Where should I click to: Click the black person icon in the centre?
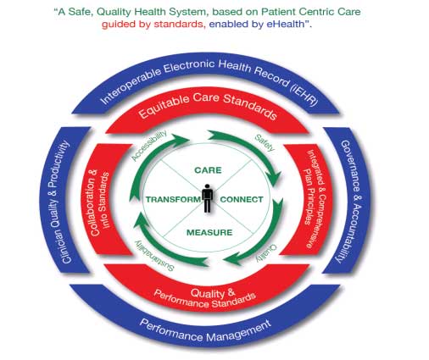208,198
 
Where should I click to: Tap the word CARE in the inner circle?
209,170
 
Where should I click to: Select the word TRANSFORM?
173,200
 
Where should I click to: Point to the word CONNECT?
242,200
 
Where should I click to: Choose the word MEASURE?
209,233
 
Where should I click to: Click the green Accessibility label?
149,146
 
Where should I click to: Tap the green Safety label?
265,143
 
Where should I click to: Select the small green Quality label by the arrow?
267,253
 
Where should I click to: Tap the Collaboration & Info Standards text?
99,202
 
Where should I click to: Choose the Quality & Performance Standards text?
206,298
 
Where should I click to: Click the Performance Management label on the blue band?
205,330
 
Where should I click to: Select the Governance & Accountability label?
350,202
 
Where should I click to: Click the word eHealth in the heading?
285,24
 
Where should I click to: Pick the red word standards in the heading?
178,24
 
